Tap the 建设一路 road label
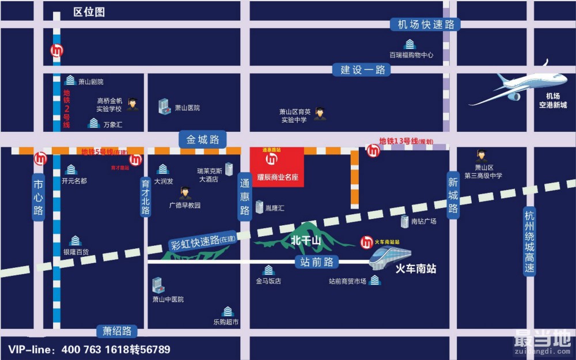(x=362, y=70)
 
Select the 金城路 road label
(x=203, y=139)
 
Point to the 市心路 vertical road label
(x=39, y=198)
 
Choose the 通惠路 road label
(x=245, y=198)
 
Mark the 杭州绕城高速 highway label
(x=530, y=242)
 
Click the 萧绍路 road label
(x=118, y=331)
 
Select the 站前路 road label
(x=317, y=262)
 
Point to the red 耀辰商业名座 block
(x=276, y=166)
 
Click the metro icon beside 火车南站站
(x=366, y=242)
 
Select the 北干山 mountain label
(x=305, y=240)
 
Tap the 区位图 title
(x=89, y=12)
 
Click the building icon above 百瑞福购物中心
(x=410, y=44)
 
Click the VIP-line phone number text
(x=89, y=350)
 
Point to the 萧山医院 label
(x=187, y=108)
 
